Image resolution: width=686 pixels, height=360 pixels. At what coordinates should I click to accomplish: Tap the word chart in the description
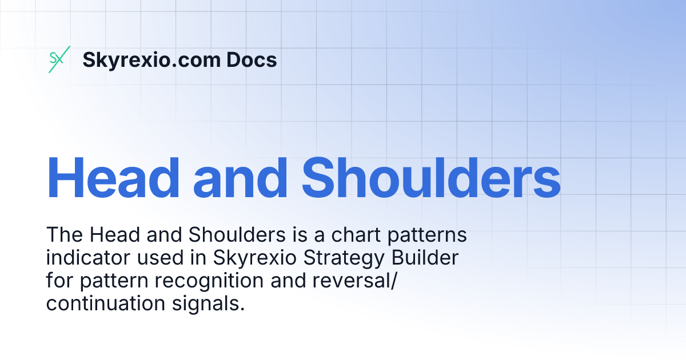point(335,235)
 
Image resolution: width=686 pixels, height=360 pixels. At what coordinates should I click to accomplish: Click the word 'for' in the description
point(58,281)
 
